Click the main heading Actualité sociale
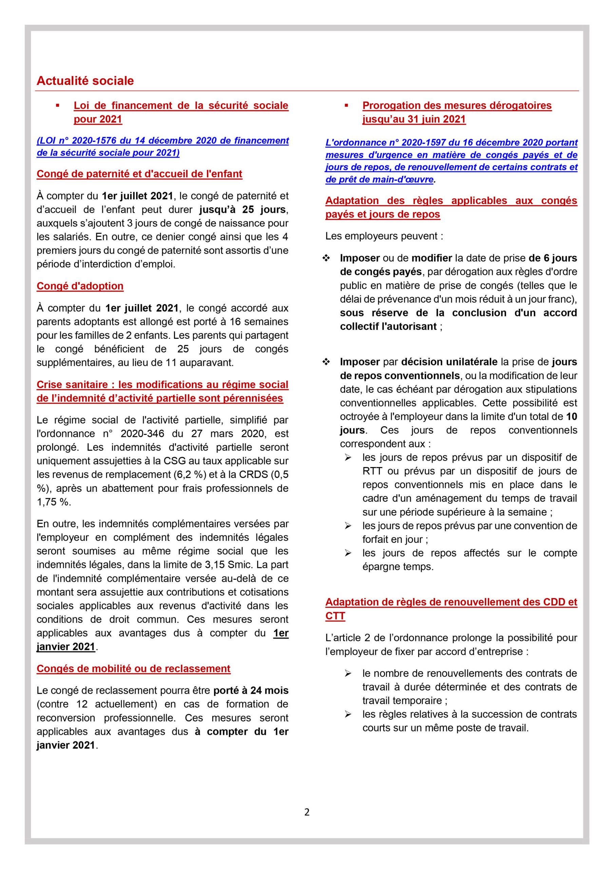(x=85, y=80)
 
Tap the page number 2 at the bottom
(x=307, y=812)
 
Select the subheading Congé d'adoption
(x=80, y=286)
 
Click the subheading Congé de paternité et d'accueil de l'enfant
(x=139, y=174)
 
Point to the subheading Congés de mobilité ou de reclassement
(x=133, y=668)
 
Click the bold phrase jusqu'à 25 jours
(x=242, y=209)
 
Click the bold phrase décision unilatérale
(x=449, y=362)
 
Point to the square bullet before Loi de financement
(x=58, y=106)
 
